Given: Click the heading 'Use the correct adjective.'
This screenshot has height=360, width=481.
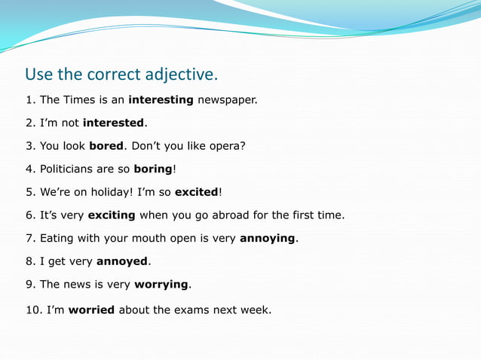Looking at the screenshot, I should (x=121, y=75).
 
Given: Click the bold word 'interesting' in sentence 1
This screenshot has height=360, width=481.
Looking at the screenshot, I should (x=161, y=99).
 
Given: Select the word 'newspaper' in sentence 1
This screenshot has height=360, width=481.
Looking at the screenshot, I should (x=227, y=99).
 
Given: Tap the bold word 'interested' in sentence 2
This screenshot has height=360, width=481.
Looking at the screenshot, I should (x=113, y=123).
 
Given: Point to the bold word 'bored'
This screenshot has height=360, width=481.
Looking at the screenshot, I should (x=106, y=145).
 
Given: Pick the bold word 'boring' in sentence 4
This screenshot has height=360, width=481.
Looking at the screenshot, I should (x=153, y=169).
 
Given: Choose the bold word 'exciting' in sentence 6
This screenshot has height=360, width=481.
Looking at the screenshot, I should (x=112, y=215).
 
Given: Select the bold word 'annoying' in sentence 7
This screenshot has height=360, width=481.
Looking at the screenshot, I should (x=268, y=239).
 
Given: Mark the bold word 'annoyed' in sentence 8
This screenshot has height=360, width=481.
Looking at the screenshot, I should (x=122, y=262).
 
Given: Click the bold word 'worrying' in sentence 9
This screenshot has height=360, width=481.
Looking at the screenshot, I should (x=161, y=285).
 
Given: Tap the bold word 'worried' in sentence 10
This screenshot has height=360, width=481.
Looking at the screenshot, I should (x=91, y=310).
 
